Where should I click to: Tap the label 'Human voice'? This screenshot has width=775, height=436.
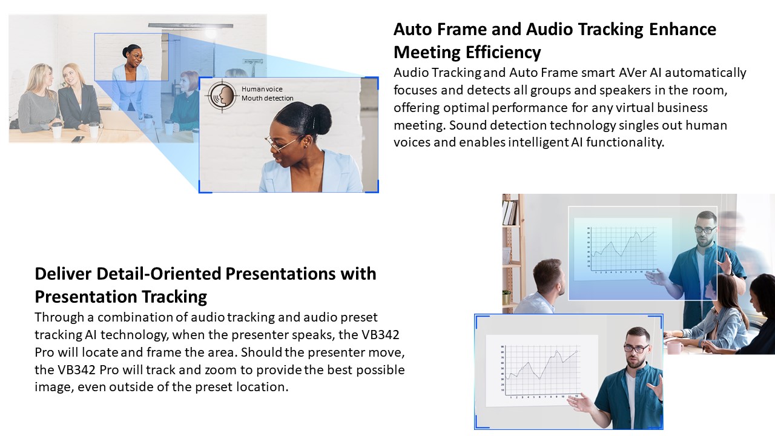tap(262, 89)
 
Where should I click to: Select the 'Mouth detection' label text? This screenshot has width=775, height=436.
tap(268, 98)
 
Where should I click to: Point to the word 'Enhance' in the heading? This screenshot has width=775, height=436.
tap(682, 29)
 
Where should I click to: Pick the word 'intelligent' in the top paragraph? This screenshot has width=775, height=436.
tap(538, 142)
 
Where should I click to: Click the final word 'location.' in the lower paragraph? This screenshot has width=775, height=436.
tap(262, 387)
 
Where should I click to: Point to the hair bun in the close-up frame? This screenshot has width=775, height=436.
tap(320, 116)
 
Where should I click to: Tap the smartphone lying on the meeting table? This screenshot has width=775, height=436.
tap(77, 139)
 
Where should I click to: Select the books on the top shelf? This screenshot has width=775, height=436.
tap(510, 213)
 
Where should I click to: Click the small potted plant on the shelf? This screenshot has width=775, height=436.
tap(506, 297)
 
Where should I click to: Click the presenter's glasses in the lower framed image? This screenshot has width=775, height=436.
tap(636, 349)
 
